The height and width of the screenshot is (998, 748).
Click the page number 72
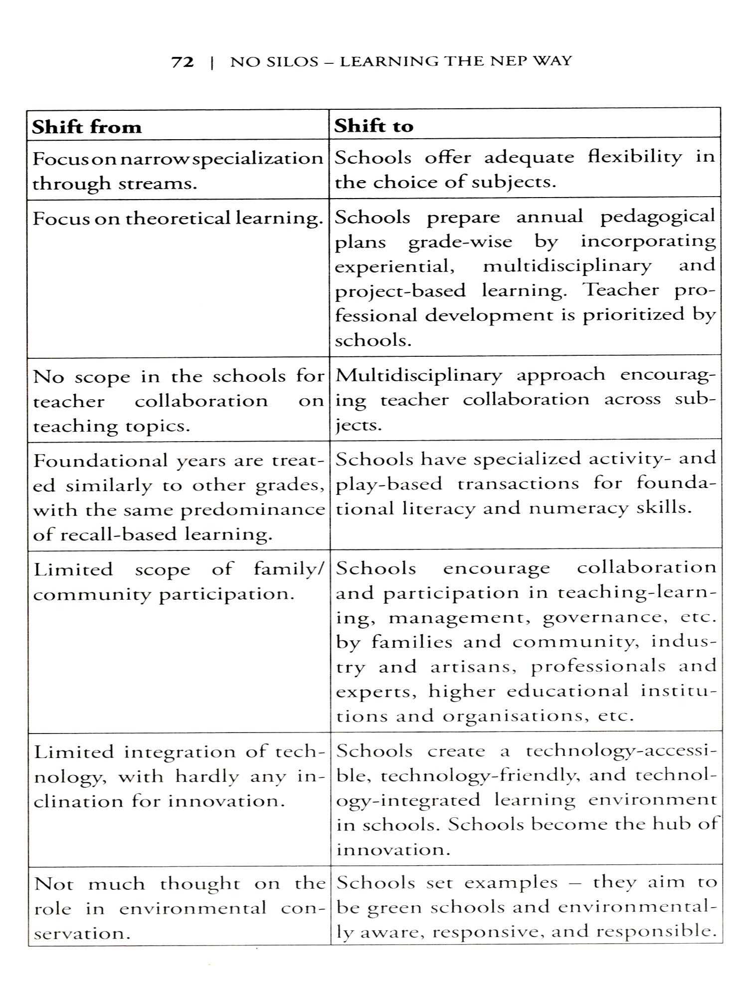click(183, 62)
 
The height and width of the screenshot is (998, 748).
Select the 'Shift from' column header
click(87, 127)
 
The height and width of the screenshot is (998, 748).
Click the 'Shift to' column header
click(374, 126)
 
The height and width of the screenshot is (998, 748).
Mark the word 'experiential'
click(394, 266)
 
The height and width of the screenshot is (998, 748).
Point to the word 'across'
click(632, 400)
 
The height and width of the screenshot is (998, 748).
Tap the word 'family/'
click(289, 569)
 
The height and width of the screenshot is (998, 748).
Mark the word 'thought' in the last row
click(200, 884)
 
